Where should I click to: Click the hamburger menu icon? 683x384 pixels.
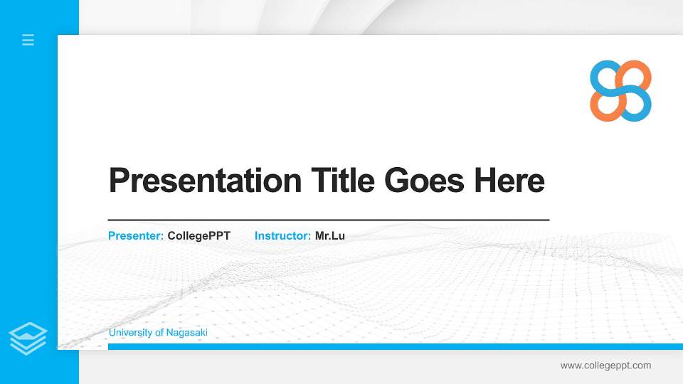coord(28,40)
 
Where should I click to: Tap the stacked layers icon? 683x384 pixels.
coord(28,338)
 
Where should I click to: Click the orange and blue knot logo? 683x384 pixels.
coord(620,90)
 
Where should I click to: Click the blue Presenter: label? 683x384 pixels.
coord(136,235)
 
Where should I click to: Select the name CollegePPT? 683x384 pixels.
coord(199,235)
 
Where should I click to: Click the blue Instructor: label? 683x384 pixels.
coord(282,235)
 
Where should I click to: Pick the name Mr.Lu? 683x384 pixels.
coord(330,235)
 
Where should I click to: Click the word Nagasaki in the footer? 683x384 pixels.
coord(187,333)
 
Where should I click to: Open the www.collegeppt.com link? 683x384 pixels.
coord(605,366)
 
